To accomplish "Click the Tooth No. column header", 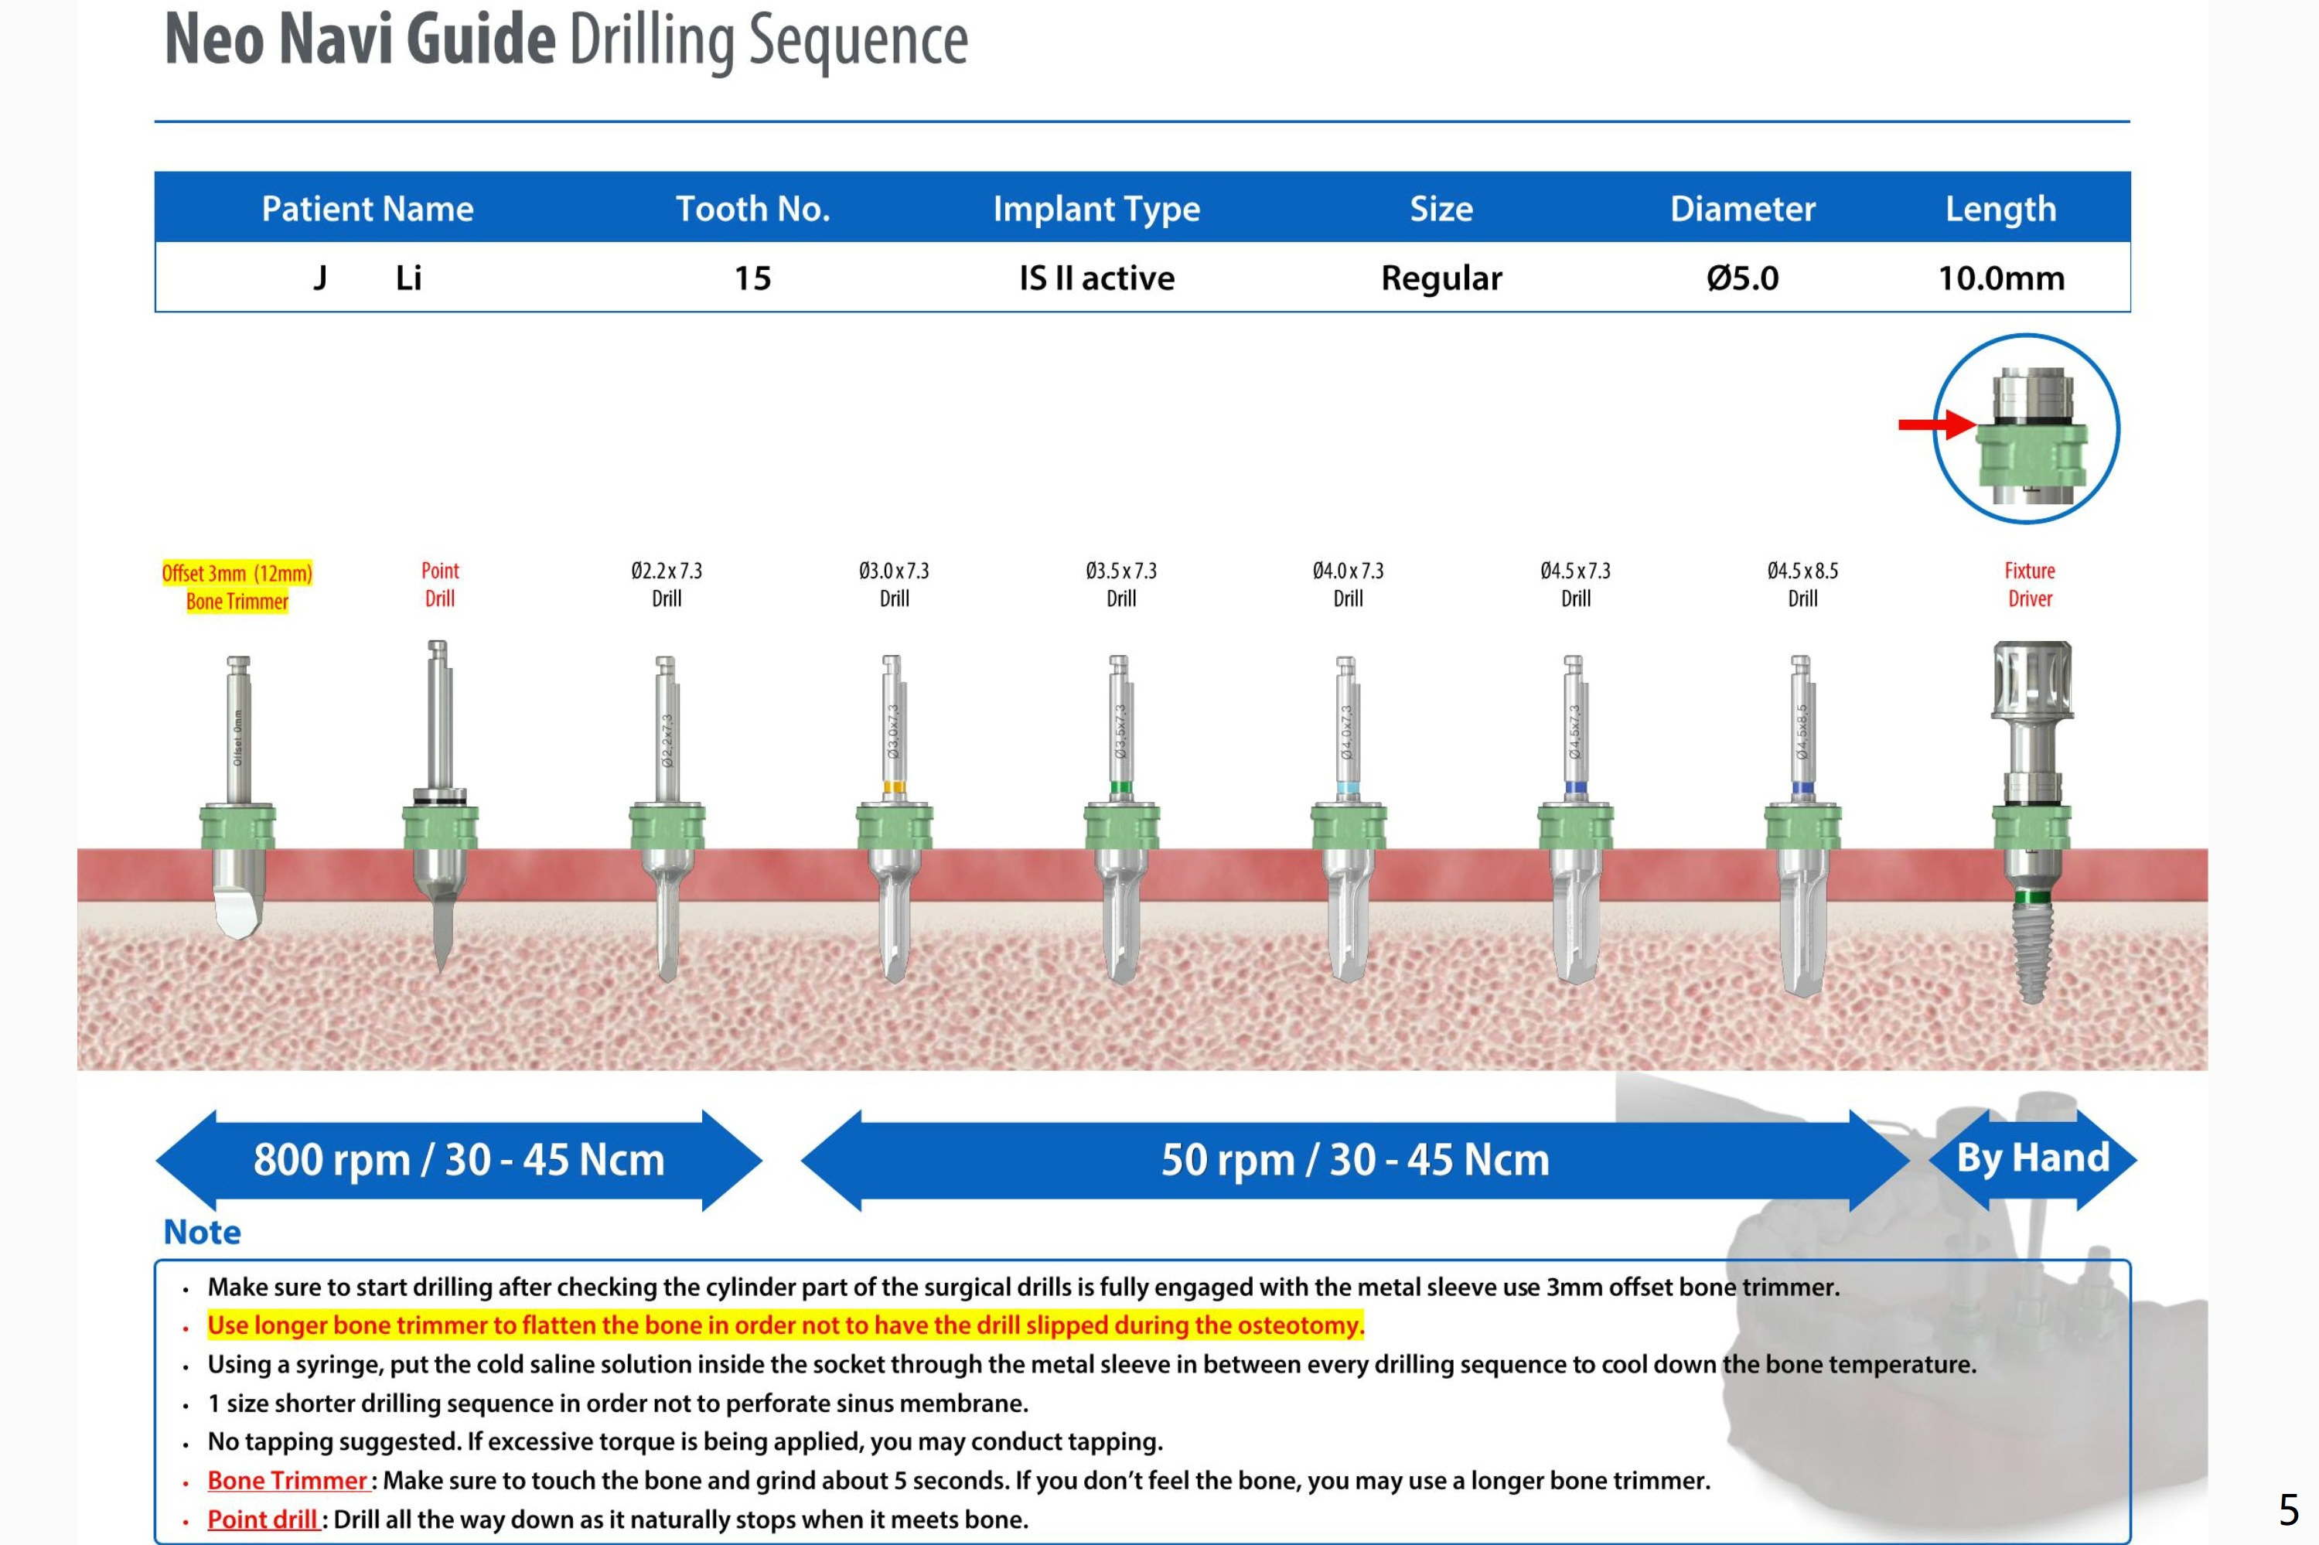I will (x=752, y=209).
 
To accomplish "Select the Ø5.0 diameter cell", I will (x=1741, y=278).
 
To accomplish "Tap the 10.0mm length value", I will (x=2000, y=278).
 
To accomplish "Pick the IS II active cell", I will (x=1096, y=278).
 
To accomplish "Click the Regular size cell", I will (x=1441, y=278).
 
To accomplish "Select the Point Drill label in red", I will (x=439, y=585).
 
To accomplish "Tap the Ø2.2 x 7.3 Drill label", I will (x=666, y=585).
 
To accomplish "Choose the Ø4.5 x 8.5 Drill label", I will (x=1802, y=585).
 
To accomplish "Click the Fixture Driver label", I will (x=2029, y=585).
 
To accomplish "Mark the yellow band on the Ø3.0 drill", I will (x=894, y=787).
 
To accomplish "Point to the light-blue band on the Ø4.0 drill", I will (x=1348, y=788).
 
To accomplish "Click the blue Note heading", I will (x=202, y=1232).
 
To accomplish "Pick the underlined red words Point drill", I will (x=262, y=1519).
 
